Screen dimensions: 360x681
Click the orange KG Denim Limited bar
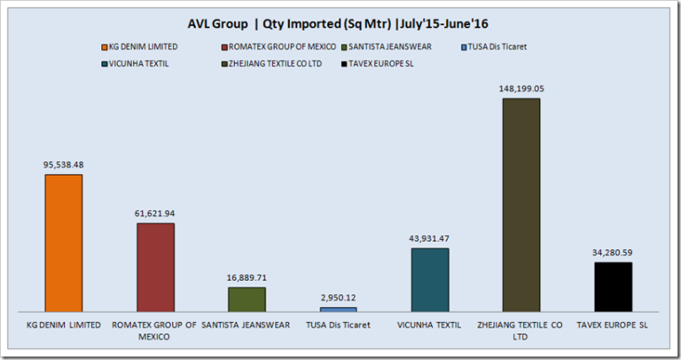click(63, 242)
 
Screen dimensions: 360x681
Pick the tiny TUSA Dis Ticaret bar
click(338, 309)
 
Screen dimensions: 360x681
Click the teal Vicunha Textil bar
click(430, 278)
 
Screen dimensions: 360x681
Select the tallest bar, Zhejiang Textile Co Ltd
click(521, 204)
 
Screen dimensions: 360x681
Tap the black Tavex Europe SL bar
click(614, 286)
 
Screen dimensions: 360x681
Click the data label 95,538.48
click(63, 164)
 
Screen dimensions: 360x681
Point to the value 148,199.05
click(521, 88)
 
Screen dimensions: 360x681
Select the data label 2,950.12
click(338, 297)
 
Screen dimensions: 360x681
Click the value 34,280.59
click(614, 252)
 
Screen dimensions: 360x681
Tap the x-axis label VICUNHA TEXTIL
click(430, 325)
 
